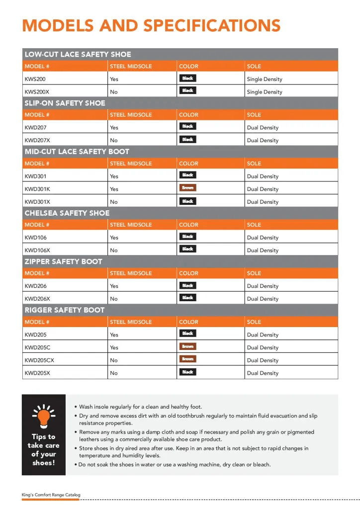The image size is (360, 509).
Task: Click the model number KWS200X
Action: click(37, 92)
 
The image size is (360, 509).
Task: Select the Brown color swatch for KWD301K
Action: click(187, 188)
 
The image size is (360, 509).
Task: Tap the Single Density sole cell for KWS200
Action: click(264, 79)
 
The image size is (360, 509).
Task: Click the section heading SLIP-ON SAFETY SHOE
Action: click(65, 103)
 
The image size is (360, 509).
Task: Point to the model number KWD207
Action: click(35, 128)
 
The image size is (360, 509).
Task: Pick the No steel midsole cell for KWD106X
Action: click(114, 251)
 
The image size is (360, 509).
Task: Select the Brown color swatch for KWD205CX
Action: click(187, 359)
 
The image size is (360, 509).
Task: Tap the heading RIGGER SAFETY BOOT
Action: click(65, 310)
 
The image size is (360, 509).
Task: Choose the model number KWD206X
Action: click(37, 299)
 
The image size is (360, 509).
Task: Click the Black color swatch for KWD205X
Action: click(187, 372)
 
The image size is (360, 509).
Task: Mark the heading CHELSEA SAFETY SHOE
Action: click(67, 213)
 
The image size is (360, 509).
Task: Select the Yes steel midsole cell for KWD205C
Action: click(114, 347)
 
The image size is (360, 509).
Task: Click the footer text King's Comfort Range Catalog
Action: click(51, 495)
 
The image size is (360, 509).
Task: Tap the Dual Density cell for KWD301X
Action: click(263, 202)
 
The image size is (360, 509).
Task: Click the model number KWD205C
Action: click(37, 347)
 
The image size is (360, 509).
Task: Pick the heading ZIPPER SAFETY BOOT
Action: click(64, 261)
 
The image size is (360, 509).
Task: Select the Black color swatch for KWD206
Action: click(187, 285)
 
